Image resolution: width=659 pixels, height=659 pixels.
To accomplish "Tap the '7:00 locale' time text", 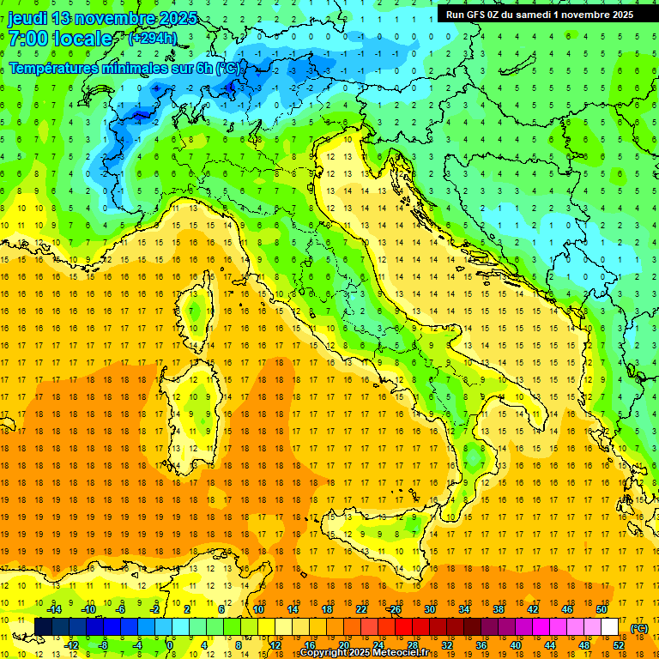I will coord(60,39).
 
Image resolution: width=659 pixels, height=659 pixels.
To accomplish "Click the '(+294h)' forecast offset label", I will coord(153,38).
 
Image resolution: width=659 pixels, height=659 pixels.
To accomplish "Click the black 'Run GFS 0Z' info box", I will coord(540,14).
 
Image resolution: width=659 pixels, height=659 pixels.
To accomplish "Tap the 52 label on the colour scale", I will coord(619,645).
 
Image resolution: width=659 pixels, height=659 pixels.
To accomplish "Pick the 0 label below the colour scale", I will coord(171,645).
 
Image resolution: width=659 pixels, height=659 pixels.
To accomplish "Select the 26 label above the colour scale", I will coord(395,608).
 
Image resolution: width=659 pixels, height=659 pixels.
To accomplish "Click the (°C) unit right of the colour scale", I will coord(639,628).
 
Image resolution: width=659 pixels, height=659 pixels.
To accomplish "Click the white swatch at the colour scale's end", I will coord(610,627).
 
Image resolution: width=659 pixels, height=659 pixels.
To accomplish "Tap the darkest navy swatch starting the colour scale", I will coord(43,627).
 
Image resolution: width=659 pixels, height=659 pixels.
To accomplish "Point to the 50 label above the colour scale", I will coord(602,608).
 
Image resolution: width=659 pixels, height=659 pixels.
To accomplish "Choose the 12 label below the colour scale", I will coord(275,645).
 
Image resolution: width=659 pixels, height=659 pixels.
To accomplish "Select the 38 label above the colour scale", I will coord(499,608).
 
